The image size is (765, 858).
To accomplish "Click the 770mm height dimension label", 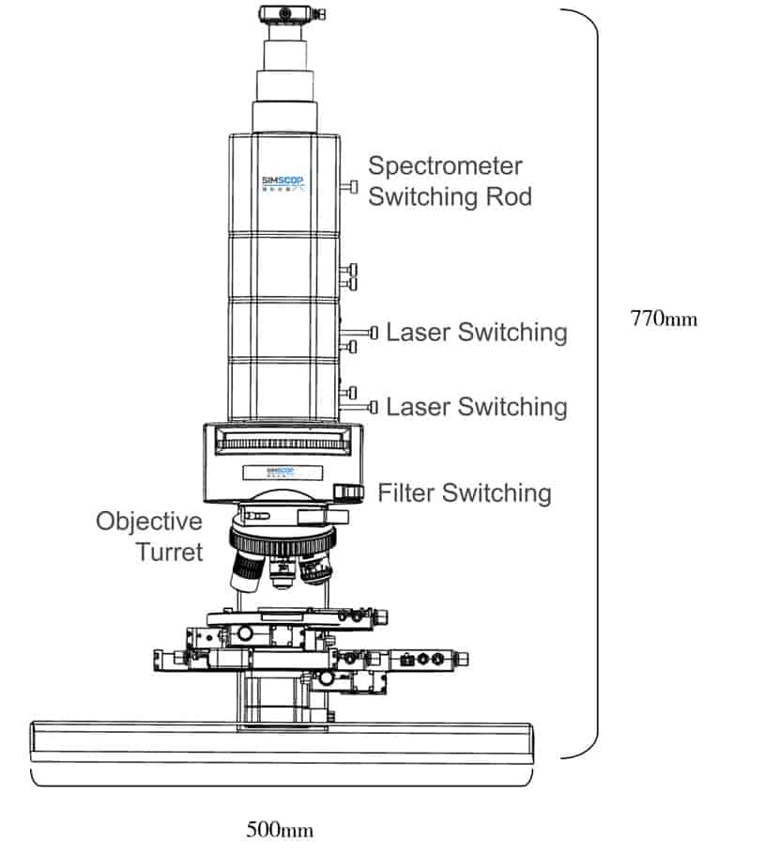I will click(x=664, y=318).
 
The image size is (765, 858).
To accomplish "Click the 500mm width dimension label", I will click(x=280, y=829).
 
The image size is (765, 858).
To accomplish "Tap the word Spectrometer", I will click(x=445, y=166).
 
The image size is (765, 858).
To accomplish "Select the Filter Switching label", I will click(x=464, y=491).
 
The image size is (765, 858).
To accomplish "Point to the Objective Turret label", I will click(x=149, y=536).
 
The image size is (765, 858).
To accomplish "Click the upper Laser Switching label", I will click(x=476, y=332).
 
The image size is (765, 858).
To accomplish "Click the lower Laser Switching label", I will click(x=476, y=406).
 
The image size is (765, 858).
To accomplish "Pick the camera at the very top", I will click(x=289, y=14).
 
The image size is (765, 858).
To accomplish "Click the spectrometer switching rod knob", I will click(x=353, y=186).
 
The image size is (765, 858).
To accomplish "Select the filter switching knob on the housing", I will click(x=350, y=491).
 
